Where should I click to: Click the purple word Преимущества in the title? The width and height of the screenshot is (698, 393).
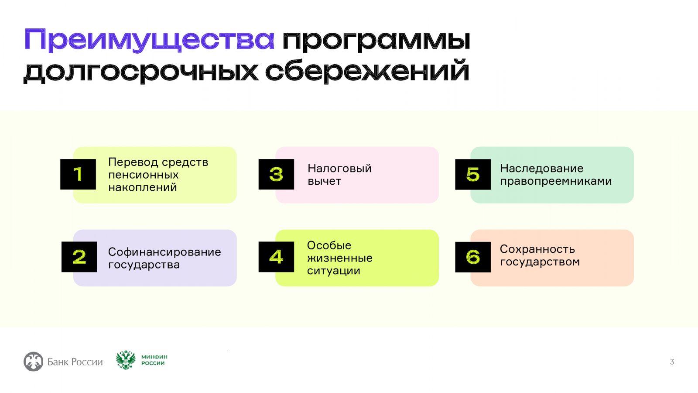(x=149, y=40)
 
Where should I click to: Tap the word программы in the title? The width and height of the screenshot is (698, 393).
(x=376, y=41)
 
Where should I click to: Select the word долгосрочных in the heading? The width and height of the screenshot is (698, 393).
(x=140, y=71)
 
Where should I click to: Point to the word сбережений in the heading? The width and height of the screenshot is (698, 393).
(x=367, y=71)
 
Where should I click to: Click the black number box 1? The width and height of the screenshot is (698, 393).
(x=78, y=174)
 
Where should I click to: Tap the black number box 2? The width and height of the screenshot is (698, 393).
(x=79, y=257)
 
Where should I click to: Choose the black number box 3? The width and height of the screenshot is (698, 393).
(x=276, y=174)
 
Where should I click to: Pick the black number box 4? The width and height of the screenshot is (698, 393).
(x=276, y=257)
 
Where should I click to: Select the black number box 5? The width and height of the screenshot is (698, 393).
(x=473, y=174)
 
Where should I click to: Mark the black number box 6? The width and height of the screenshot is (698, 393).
(x=473, y=257)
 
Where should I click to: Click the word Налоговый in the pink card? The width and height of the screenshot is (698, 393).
(x=339, y=169)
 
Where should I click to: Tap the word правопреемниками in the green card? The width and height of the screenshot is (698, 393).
(x=556, y=181)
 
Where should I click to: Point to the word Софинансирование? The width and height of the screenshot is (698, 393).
(x=164, y=252)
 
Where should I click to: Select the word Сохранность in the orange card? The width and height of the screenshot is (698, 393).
(x=537, y=249)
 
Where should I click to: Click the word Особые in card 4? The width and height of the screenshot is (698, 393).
(x=329, y=245)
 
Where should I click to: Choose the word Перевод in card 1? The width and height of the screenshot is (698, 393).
(x=133, y=162)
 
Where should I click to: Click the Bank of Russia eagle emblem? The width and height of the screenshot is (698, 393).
(x=33, y=362)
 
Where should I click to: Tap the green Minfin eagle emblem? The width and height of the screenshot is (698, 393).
(x=126, y=360)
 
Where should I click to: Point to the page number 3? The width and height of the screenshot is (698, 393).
(x=672, y=362)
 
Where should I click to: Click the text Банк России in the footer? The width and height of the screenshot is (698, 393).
(x=75, y=362)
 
